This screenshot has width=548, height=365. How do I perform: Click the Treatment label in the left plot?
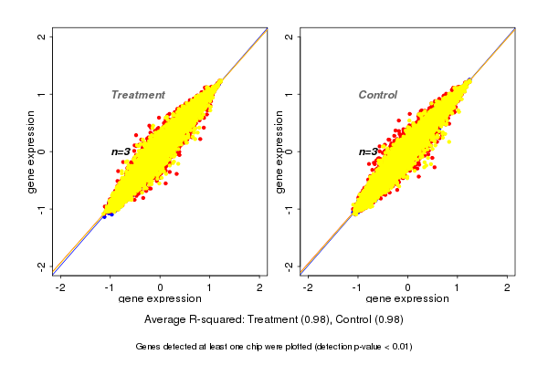138,95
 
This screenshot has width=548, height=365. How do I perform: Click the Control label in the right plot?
377,95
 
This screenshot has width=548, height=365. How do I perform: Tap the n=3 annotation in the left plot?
122,151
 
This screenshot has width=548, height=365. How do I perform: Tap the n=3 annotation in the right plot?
368,151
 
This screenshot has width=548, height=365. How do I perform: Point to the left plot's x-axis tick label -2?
60,287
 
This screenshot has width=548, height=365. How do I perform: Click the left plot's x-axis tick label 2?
259,287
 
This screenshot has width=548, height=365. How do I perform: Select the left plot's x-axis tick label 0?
161,287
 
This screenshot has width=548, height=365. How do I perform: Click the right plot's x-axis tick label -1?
357,287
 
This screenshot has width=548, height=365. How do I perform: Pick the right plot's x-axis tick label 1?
458,287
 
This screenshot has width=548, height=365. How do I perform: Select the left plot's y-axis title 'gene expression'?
32,151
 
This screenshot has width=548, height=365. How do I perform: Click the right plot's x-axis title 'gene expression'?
407,299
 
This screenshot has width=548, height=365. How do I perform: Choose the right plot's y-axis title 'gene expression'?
278,151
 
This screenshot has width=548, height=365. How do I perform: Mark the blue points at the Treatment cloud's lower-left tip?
106,215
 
